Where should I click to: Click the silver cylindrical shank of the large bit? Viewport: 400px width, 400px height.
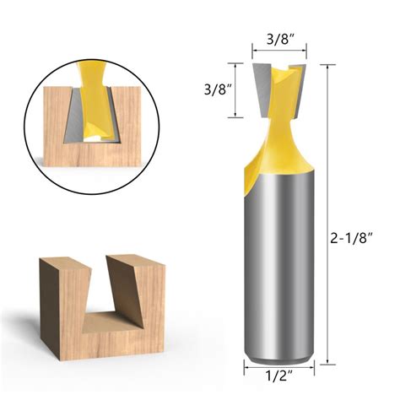[278, 270]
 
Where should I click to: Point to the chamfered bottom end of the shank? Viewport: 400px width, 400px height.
[278, 354]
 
